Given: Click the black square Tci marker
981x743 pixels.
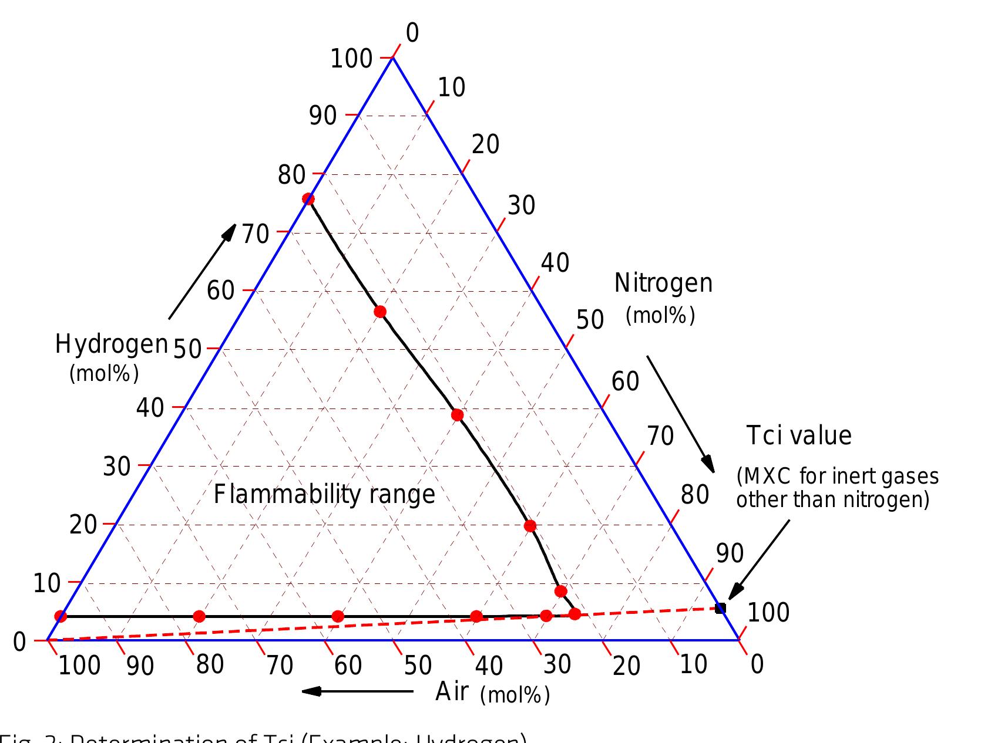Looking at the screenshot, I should click(720, 608).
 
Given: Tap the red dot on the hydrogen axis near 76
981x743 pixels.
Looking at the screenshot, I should click(308, 199).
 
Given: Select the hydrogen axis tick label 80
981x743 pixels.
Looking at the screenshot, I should click(291, 175).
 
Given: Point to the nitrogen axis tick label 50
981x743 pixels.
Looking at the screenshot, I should click(590, 320).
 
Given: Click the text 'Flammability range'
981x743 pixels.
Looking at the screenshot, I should click(324, 494).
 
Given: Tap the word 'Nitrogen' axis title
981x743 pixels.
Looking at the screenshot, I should click(663, 283).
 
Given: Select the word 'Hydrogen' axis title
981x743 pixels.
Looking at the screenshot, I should click(112, 344).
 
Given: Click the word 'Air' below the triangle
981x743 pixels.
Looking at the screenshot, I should click(452, 693).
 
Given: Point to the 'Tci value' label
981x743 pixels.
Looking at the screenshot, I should click(798, 436).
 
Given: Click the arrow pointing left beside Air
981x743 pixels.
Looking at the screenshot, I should click(357, 691).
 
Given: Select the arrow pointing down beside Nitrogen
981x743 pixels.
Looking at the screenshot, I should click(681, 414).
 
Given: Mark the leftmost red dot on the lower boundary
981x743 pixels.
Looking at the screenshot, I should click(61, 616).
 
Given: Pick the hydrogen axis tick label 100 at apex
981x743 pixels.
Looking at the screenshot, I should click(351, 59).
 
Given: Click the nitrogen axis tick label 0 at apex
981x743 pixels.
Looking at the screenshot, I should click(412, 33).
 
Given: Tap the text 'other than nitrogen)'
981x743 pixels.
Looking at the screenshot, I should click(832, 500).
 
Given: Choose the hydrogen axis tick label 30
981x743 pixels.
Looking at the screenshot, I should click(116, 467).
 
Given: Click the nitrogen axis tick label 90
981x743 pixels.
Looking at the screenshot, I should click(730, 554).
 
